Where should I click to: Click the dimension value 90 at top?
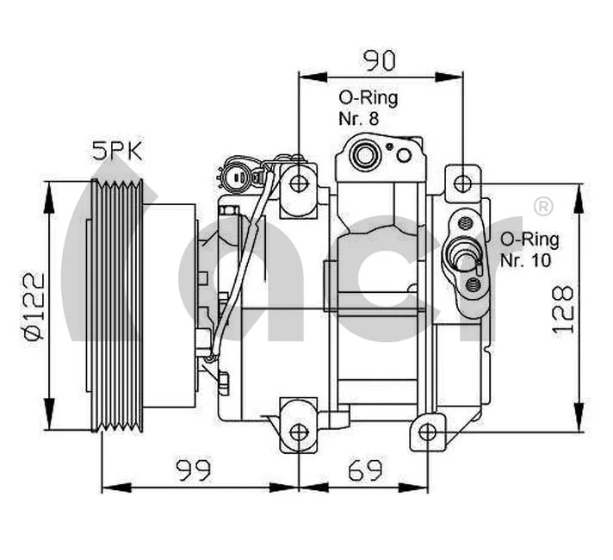point(379,60)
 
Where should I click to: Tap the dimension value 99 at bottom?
point(195,470)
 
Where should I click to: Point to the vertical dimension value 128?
point(562,308)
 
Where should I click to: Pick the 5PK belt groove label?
point(117,152)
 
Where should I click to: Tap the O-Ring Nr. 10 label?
point(529,248)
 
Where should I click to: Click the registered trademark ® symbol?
point(543,206)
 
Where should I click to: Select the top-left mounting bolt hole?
point(299,183)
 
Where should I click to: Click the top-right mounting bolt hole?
point(462,183)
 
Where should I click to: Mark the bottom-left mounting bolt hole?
point(299,432)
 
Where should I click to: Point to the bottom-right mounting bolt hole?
point(428,432)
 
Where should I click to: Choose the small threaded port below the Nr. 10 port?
point(472,283)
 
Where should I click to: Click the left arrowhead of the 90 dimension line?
point(303,74)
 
